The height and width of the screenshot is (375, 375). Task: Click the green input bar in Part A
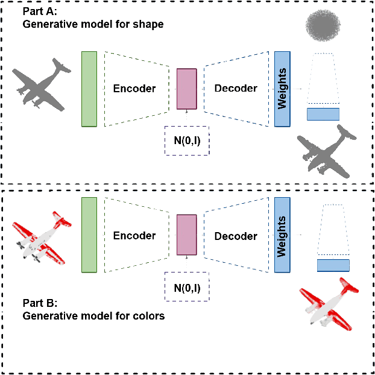click(x=89, y=89)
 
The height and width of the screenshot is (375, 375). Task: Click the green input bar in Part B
click(x=89, y=236)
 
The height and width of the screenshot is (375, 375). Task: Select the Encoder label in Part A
click(x=134, y=89)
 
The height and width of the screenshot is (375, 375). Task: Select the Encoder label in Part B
click(x=134, y=236)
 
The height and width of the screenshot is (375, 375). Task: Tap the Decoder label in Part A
click(x=236, y=89)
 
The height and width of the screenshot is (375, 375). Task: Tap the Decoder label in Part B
click(x=236, y=236)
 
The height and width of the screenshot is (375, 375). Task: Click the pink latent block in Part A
click(x=186, y=89)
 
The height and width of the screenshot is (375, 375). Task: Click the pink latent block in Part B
click(x=186, y=236)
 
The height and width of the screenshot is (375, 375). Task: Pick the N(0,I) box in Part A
click(x=187, y=140)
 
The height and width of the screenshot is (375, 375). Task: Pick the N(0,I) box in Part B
click(x=187, y=288)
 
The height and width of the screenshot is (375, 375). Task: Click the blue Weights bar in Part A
click(x=282, y=89)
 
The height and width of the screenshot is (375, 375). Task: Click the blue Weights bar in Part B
click(x=282, y=236)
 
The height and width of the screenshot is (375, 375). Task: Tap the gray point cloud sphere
click(x=324, y=26)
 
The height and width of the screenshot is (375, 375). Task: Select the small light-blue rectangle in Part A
click(x=324, y=114)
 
